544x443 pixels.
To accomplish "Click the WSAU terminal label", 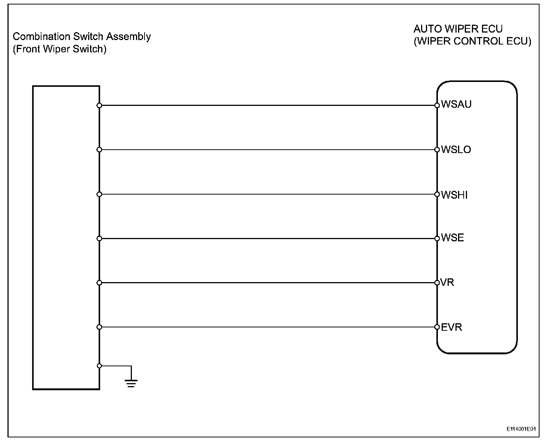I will (456, 104).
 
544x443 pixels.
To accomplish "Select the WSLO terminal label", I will (456, 150).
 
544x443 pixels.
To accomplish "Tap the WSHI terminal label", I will (454, 195).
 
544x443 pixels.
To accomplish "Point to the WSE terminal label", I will (452, 238).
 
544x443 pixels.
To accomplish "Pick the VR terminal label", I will (448, 282).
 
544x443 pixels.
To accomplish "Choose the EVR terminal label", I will (451, 327).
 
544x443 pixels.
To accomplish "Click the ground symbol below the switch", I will (131, 382).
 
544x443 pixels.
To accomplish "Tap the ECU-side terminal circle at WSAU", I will (437, 106).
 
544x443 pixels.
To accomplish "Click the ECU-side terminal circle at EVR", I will (437, 327).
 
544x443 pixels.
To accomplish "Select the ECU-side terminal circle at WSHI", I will (437, 194).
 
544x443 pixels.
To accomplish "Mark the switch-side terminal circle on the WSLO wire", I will (99, 150).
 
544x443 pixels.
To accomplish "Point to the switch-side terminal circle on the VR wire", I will (99, 283).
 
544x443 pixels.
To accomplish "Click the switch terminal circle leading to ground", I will (99, 366).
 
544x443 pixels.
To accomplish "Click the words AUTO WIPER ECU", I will (458, 29).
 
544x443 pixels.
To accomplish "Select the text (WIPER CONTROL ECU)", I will (472, 41).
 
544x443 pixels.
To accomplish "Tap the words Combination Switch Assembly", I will (82, 37).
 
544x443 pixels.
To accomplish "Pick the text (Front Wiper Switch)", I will (59, 49).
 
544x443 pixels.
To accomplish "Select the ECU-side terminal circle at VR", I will (437, 283).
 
